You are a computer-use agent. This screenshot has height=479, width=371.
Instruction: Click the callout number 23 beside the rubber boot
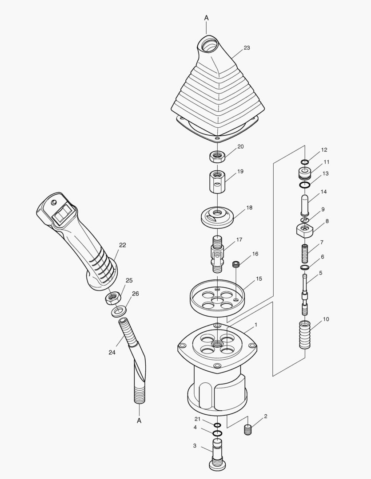(247, 48)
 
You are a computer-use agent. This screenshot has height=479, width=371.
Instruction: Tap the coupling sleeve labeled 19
(216, 182)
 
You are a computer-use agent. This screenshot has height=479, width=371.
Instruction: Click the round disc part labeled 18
(216, 216)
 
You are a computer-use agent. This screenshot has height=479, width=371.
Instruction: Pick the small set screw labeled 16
(237, 264)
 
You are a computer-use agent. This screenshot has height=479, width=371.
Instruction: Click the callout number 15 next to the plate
(259, 279)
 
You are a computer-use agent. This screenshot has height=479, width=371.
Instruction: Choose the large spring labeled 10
(305, 336)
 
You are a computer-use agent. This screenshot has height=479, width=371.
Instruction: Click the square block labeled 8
(305, 230)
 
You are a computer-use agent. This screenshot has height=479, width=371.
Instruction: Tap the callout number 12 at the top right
(324, 150)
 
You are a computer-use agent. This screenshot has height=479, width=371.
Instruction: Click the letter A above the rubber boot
(206, 18)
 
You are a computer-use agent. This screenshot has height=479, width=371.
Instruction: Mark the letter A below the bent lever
(139, 420)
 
